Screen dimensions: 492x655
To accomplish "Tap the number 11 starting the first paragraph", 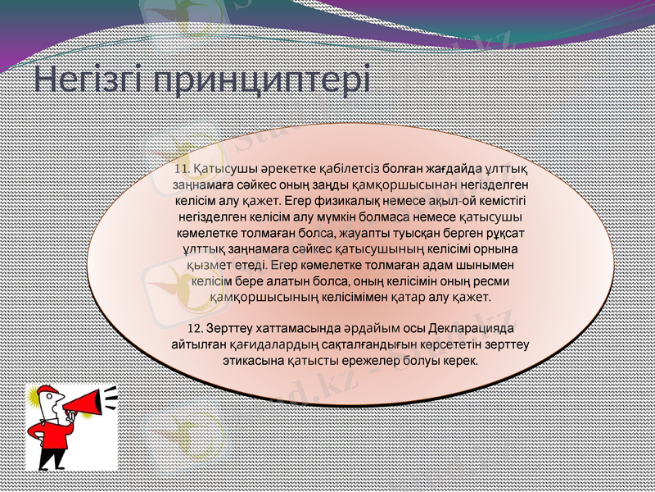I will click(x=181, y=168).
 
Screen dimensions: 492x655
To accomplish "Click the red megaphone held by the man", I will click(x=89, y=403).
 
